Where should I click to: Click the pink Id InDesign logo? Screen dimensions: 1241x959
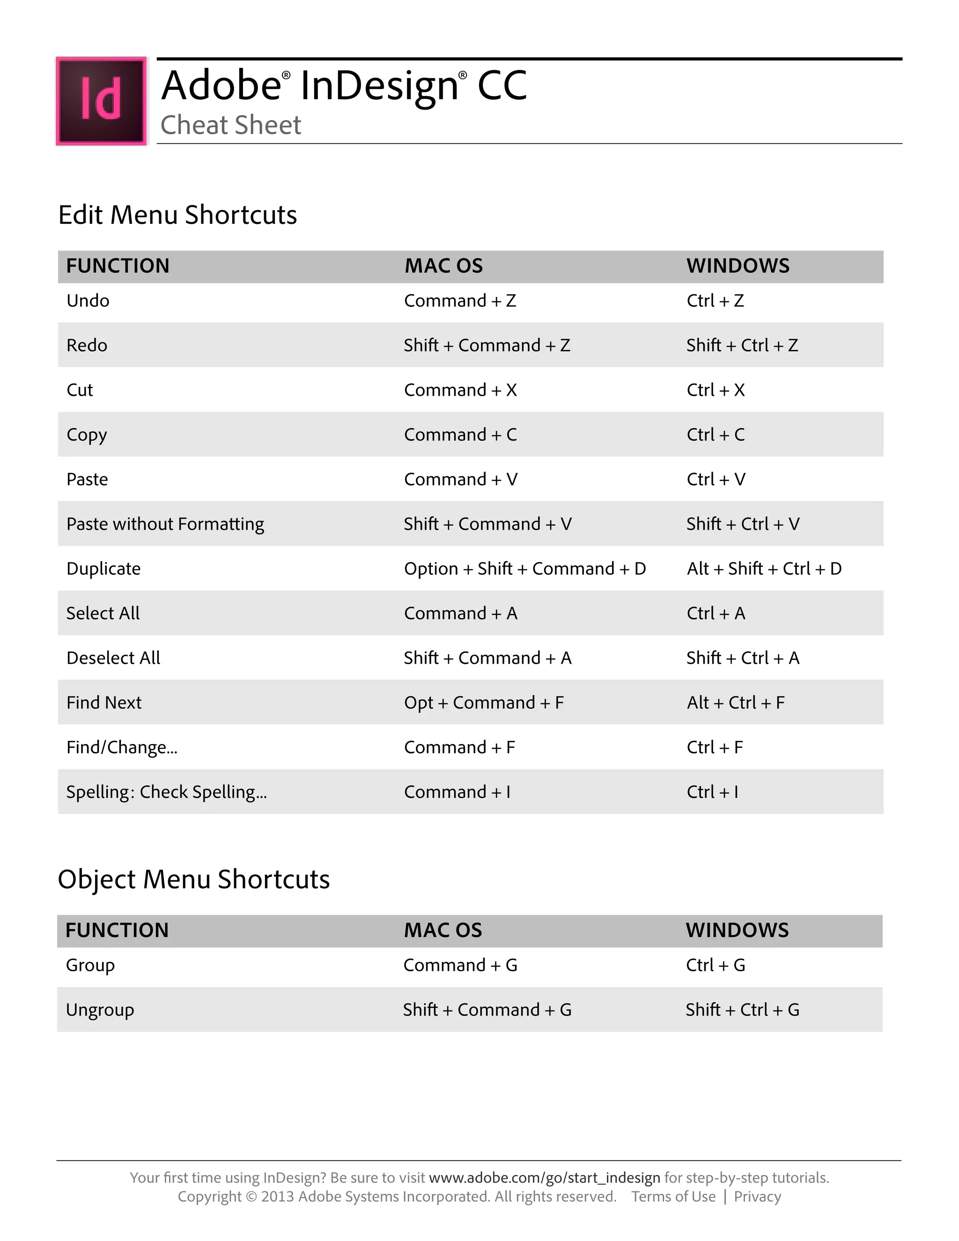point(101,101)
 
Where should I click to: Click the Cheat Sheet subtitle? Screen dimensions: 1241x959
point(231,125)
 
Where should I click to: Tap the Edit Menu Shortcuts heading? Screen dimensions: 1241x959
point(177,215)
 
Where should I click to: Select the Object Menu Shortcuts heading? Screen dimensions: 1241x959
point(194,879)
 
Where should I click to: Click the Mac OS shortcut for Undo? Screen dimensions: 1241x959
point(460,301)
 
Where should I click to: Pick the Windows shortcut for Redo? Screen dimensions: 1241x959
point(742,346)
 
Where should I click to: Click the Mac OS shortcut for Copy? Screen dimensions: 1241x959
point(460,435)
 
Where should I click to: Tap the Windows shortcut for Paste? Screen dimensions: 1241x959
point(716,480)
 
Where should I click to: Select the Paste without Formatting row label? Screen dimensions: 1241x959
point(165,524)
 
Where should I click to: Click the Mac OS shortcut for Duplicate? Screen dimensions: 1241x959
point(525,569)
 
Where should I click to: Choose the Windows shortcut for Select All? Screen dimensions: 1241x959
point(716,613)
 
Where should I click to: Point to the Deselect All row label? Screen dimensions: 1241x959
point(113,658)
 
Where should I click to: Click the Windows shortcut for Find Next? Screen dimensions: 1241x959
point(736,703)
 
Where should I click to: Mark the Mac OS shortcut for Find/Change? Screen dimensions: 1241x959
point(459,747)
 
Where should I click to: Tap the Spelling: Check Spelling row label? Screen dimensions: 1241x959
point(166,792)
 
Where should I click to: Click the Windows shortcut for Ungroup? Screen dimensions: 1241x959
point(742,1010)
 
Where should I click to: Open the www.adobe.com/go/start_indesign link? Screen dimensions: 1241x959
point(544,1177)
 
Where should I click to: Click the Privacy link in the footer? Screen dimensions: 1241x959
point(757,1197)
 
